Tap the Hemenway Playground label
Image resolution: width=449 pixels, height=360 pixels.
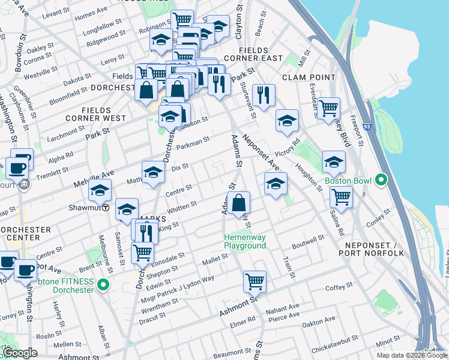coord(245,241)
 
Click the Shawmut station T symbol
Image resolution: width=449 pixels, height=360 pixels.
coord(106,208)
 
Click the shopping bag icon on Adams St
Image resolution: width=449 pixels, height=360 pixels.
coord(238,203)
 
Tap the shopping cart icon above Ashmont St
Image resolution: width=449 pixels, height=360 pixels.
coord(255,280)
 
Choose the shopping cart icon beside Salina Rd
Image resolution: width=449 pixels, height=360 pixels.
coord(341,196)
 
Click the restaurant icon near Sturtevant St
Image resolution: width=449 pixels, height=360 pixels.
coord(264,94)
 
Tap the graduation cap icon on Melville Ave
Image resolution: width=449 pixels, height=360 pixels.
coord(100,191)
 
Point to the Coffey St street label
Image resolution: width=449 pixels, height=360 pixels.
coord(340,287)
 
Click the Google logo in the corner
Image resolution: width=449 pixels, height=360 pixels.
coord(20,353)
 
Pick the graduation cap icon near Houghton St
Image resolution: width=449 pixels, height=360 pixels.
coord(334,161)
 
